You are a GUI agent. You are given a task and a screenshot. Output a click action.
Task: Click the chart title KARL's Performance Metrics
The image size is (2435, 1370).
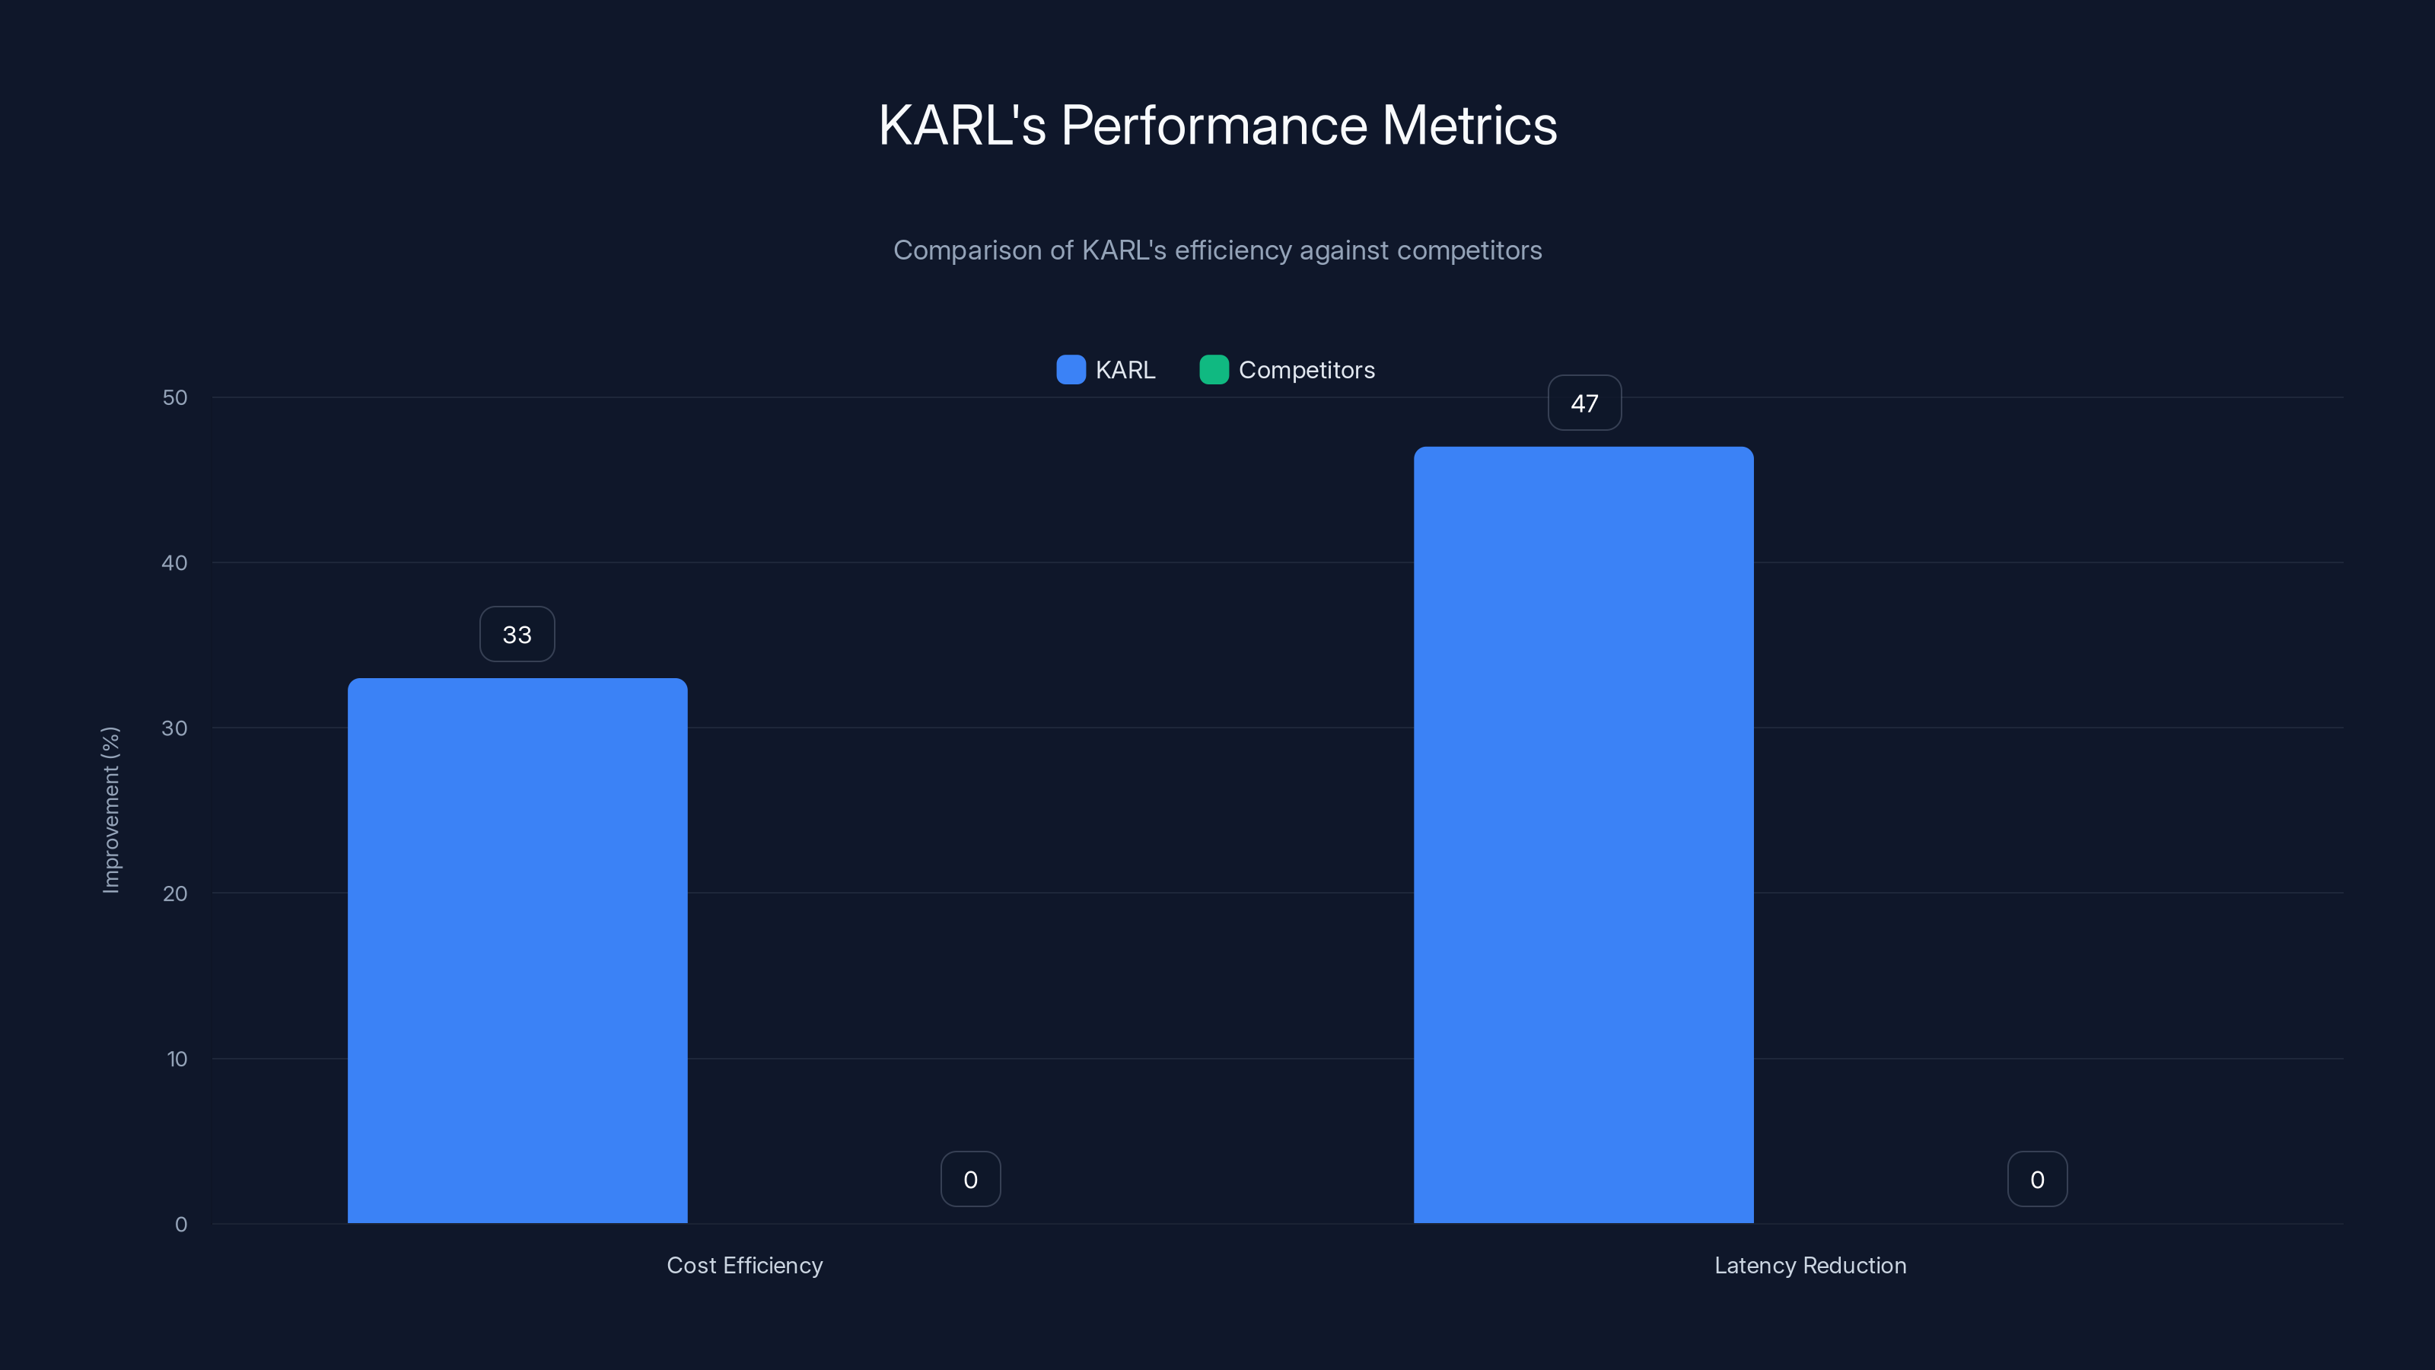click(x=1217, y=125)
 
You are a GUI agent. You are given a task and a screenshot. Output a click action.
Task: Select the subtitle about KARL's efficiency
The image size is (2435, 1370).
click(x=1217, y=250)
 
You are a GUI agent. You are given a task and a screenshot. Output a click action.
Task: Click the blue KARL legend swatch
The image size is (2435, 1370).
click(x=1070, y=370)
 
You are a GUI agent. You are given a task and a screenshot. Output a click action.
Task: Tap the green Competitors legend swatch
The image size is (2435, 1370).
click(x=1214, y=370)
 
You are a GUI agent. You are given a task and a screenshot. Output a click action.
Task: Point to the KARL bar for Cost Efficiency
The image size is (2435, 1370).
click(x=517, y=950)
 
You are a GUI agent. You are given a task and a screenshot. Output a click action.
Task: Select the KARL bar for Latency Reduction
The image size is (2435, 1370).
click(x=1584, y=835)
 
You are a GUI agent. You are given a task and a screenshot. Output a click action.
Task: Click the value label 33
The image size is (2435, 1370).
click(x=517, y=635)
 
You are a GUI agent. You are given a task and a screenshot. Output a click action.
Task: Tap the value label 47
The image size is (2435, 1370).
click(x=1584, y=403)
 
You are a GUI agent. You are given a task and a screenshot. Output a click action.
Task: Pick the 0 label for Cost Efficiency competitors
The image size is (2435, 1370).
click(x=971, y=1180)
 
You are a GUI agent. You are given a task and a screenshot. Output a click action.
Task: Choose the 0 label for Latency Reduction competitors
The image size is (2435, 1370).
click(x=2037, y=1180)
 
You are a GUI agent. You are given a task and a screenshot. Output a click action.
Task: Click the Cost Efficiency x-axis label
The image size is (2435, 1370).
click(x=745, y=1266)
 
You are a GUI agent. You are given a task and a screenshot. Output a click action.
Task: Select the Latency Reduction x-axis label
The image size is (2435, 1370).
click(x=1810, y=1266)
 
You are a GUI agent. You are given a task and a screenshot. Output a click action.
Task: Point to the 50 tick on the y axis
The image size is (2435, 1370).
click(x=175, y=398)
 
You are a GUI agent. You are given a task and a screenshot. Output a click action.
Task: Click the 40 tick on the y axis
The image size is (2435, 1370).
click(x=175, y=563)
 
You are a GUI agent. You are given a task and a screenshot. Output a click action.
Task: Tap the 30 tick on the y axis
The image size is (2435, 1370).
click(x=175, y=729)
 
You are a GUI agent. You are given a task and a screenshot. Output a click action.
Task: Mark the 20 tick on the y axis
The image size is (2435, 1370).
click(x=175, y=894)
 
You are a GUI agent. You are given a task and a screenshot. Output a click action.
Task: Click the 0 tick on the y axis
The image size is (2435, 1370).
click(x=180, y=1225)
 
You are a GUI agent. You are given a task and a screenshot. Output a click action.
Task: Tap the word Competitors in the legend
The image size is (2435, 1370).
click(x=1307, y=371)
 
